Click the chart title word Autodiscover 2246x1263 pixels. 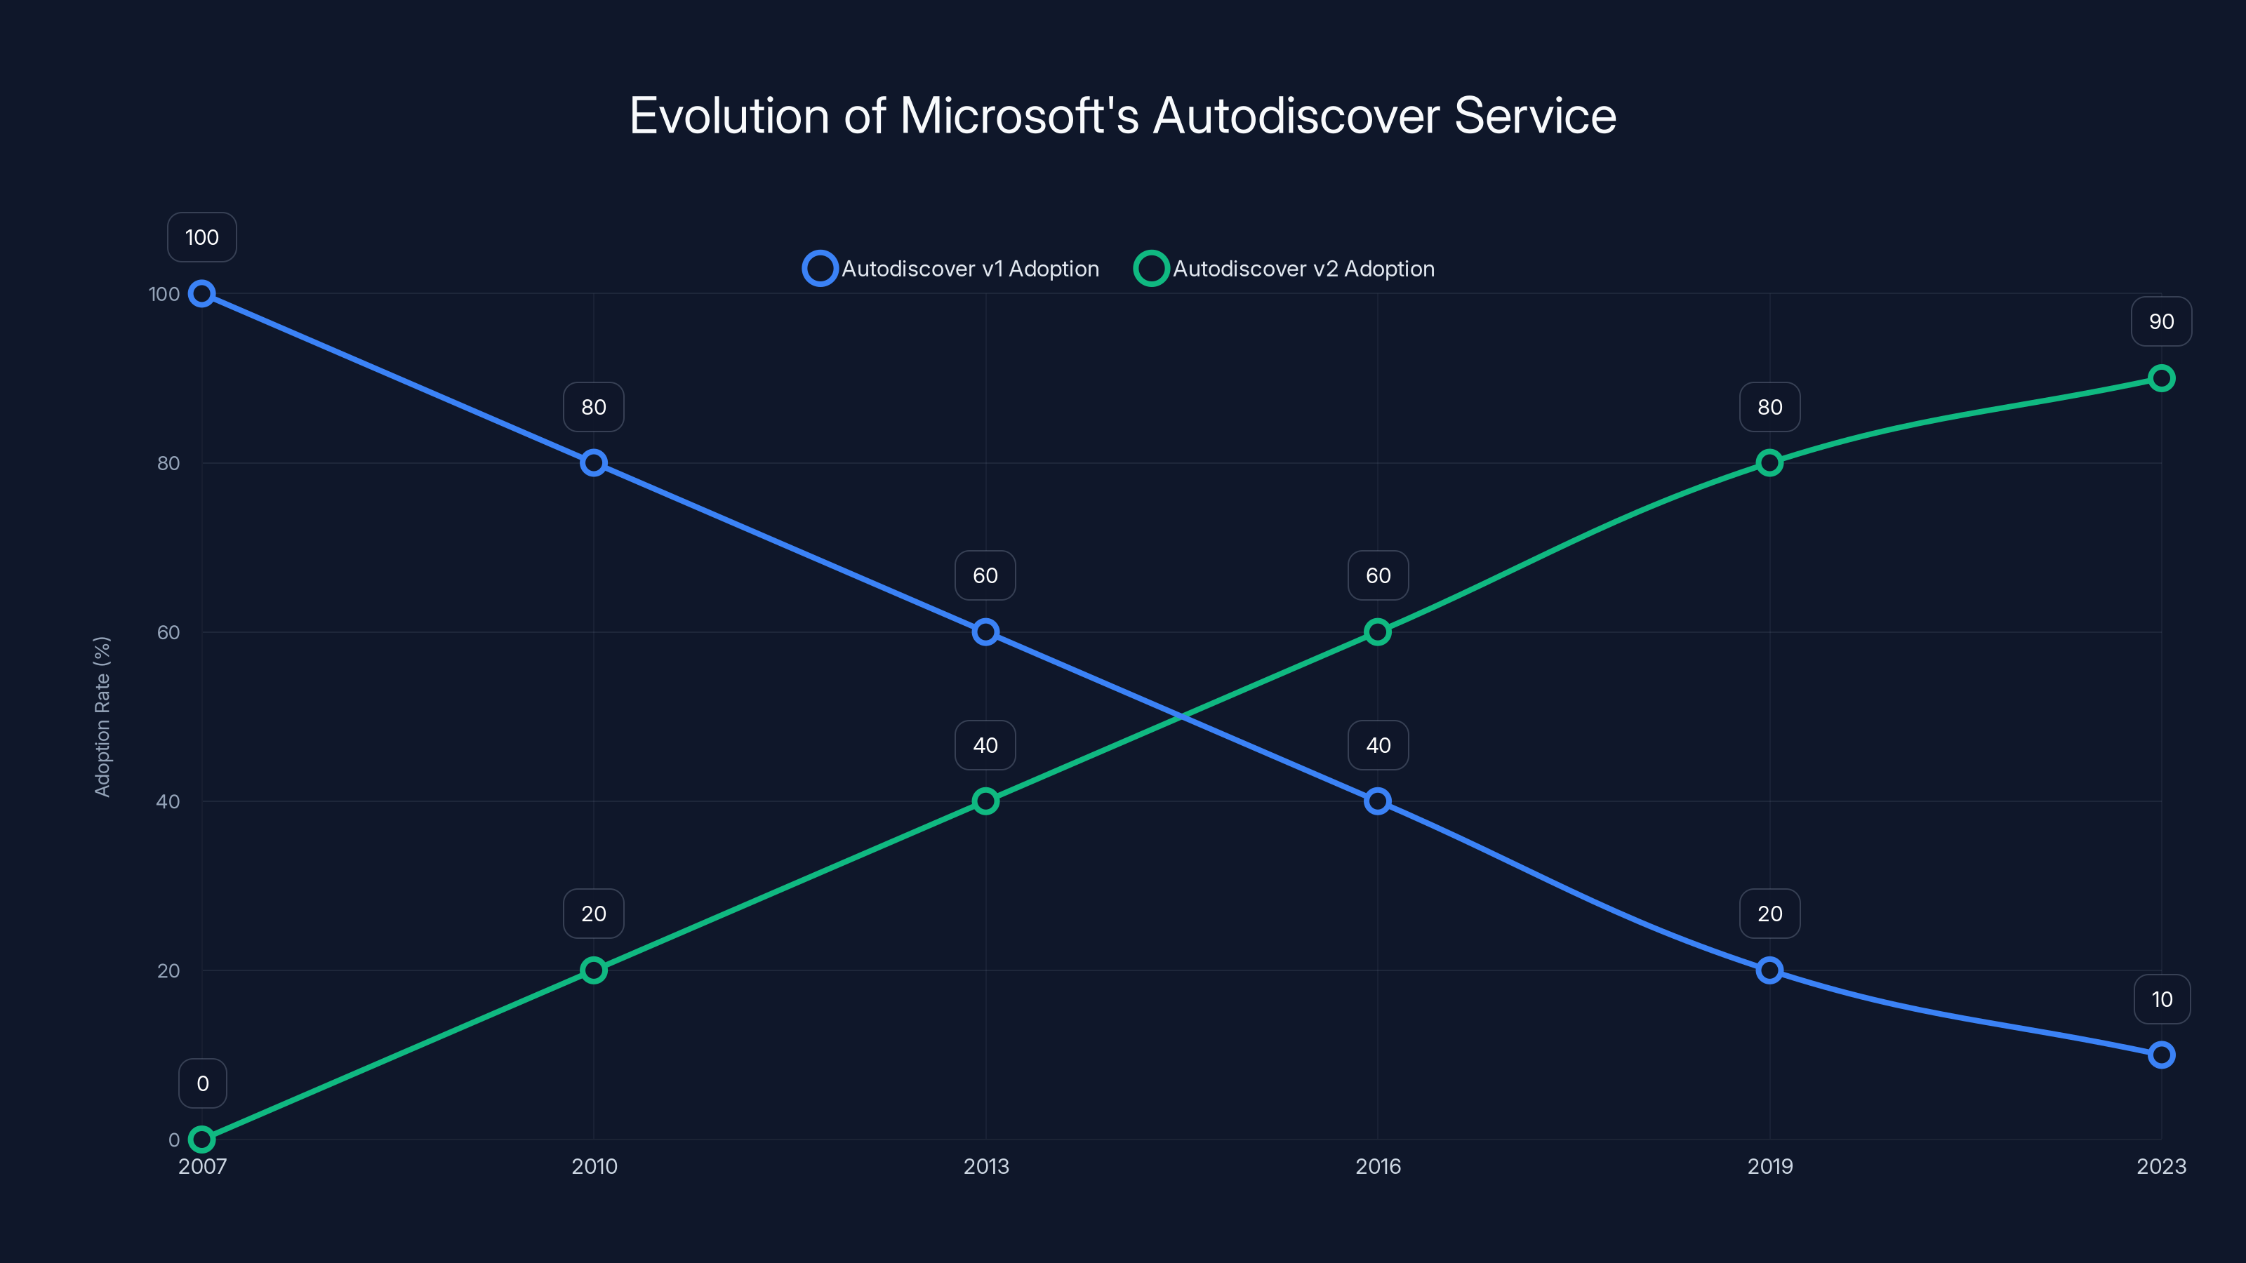(1296, 116)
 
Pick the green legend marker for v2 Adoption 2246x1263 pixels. (1151, 269)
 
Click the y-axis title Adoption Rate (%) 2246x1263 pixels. (102, 716)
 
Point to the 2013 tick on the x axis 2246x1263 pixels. (985, 1166)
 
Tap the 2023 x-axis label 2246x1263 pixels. (2160, 1166)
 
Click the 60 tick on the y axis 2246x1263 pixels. (168, 632)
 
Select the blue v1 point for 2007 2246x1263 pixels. (202, 294)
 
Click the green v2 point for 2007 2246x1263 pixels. (202, 1140)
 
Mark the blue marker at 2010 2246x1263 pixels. (594, 463)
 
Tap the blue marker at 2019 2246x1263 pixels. (1769, 970)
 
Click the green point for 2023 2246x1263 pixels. (2160, 378)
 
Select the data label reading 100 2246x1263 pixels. (202, 237)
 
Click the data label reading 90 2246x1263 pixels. (2160, 321)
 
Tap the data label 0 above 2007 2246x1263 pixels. (202, 1083)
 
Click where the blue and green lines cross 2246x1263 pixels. (1181, 716)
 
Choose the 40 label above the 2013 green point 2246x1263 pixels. (985, 745)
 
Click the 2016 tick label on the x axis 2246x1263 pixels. (1378, 1166)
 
